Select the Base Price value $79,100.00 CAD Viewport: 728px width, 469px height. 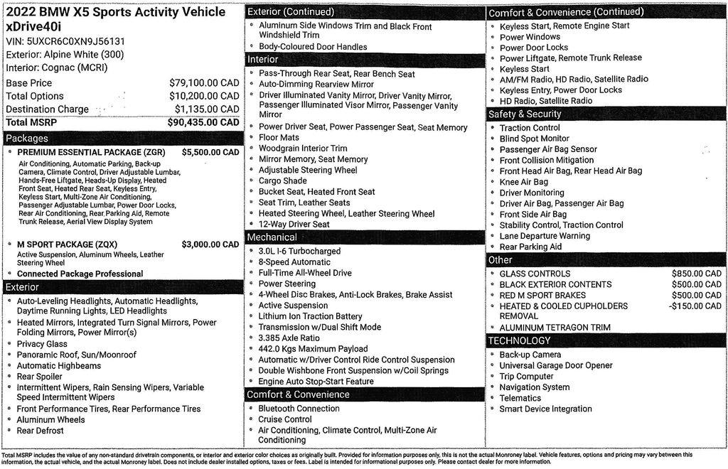point(203,82)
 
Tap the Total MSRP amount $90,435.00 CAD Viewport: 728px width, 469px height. point(203,122)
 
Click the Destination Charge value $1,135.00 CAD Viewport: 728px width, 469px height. point(206,109)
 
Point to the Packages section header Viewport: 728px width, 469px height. point(27,139)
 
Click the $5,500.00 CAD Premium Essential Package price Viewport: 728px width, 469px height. point(210,152)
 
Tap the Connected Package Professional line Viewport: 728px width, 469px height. point(80,274)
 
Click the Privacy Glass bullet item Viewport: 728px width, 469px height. point(42,344)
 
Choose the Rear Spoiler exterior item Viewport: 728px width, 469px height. point(40,377)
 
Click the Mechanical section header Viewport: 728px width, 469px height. point(273,237)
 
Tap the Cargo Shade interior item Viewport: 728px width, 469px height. point(282,181)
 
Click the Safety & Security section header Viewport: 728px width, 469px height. point(525,114)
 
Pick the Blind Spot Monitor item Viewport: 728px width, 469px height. point(534,139)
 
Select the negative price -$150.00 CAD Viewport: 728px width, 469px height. point(695,306)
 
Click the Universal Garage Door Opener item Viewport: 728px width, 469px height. point(555,365)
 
